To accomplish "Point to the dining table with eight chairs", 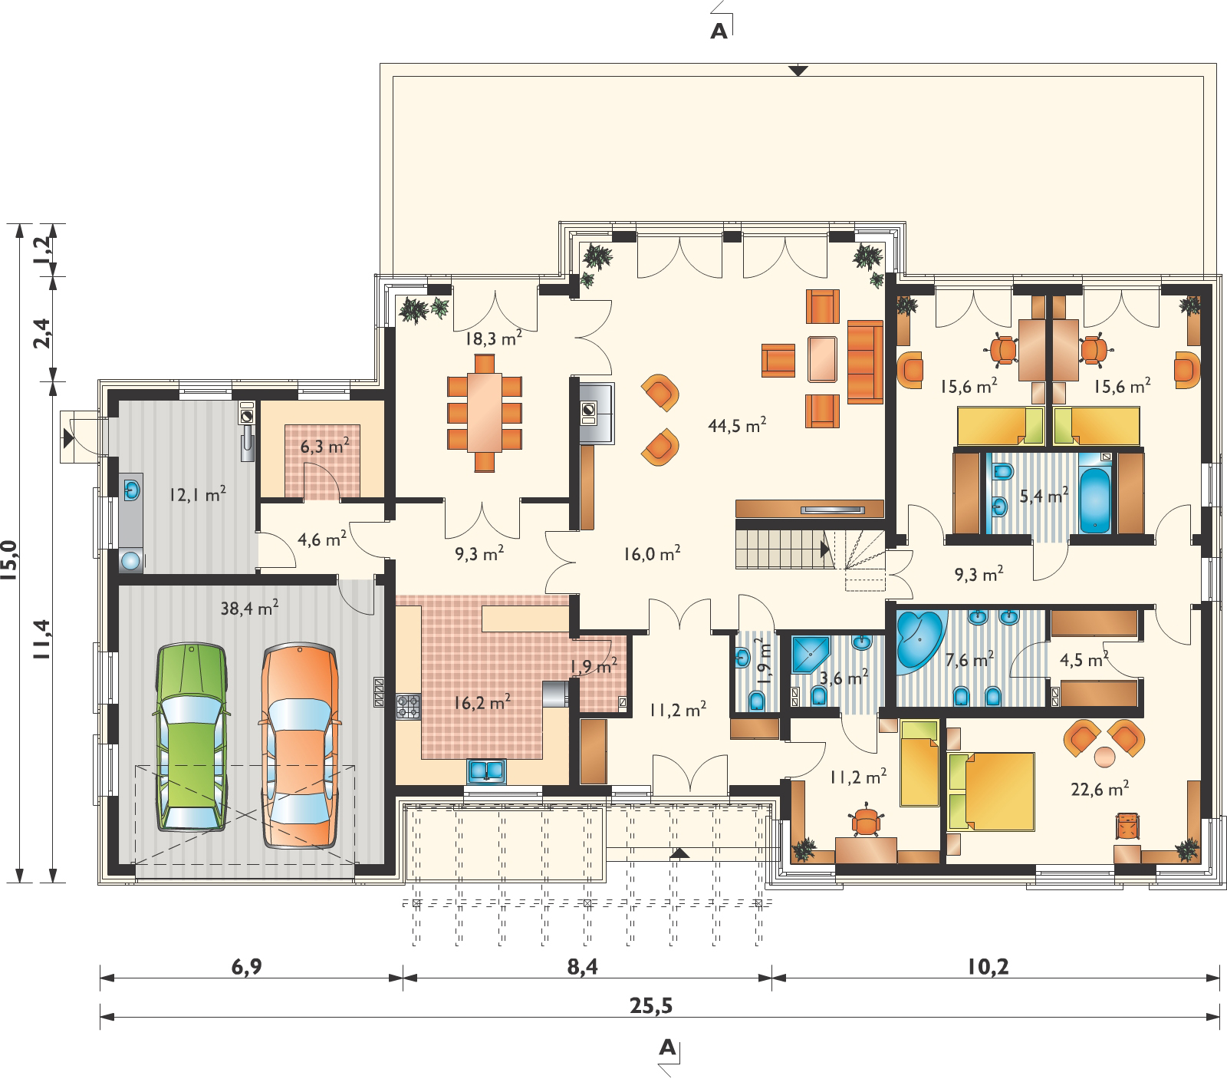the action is (485, 411).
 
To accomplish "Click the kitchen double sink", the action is (485, 769).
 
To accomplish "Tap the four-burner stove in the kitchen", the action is (409, 706).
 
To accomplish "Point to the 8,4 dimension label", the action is (582, 965).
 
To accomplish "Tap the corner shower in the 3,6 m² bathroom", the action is (808, 655).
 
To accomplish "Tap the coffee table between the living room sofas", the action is (823, 359).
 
